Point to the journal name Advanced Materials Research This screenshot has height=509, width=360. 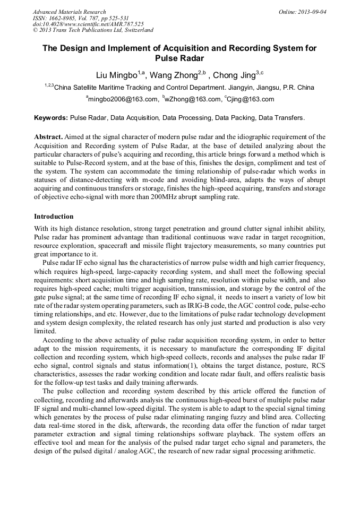click(x=69, y=12)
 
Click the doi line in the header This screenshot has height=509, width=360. click(x=88, y=24)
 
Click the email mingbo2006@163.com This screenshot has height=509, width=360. click(x=123, y=99)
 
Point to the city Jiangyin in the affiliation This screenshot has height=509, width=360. click(x=225, y=88)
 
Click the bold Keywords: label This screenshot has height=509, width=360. click(x=51, y=117)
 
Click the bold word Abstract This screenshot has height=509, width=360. click(x=48, y=136)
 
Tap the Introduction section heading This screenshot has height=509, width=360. click(x=54, y=217)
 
